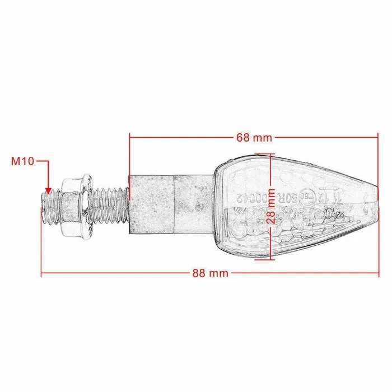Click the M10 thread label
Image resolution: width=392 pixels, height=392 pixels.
click(x=23, y=161)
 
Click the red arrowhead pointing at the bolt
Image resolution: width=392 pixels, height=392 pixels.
click(x=48, y=190)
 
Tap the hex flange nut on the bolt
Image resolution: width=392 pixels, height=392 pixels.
click(x=75, y=206)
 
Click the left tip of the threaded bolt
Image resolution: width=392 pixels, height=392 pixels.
click(x=44, y=207)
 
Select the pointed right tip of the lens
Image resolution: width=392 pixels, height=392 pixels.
click(x=378, y=206)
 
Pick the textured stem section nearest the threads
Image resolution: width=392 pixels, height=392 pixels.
click(x=151, y=206)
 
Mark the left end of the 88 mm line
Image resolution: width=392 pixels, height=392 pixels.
click(x=42, y=273)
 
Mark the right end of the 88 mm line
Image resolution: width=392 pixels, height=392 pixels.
click(x=378, y=273)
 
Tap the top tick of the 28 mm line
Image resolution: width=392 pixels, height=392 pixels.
click(x=272, y=155)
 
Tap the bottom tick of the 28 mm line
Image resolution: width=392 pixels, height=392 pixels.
click(x=272, y=260)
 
